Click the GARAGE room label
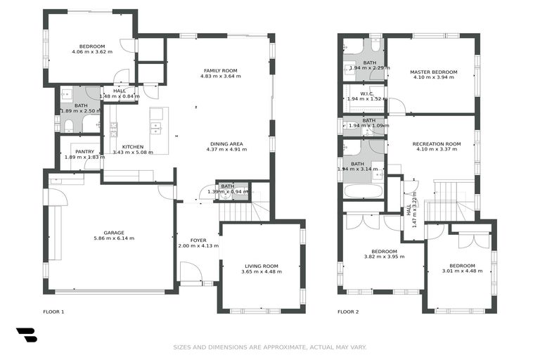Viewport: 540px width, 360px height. point(113,232)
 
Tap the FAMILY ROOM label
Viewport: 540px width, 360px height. point(220,70)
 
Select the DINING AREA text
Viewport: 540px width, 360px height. point(224,143)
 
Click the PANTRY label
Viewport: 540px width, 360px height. point(84,151)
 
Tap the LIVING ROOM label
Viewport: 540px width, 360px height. point(261,266)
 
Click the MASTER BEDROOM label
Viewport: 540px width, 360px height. point(433,72)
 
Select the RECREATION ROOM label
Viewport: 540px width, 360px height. point(437,143)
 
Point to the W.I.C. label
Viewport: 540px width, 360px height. point(366,94)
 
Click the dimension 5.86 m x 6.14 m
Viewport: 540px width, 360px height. point(113,238)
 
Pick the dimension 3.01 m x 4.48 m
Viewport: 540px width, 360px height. point(462,271)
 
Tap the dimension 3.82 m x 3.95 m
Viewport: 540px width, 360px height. point(384,257)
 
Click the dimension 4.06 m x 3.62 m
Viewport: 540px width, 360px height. point(92,51)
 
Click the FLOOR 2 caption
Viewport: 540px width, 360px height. point(347,311)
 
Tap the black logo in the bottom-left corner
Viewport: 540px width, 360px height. point(27,335)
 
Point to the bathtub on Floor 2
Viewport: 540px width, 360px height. point(363,191)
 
